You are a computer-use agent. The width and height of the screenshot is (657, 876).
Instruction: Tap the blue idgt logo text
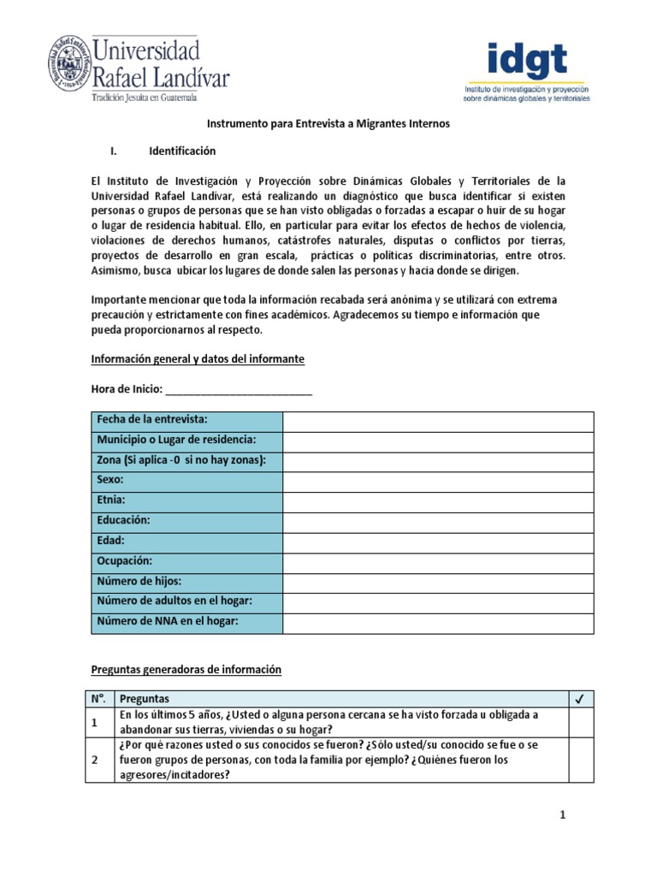pyautogui.click(x=526, y=61)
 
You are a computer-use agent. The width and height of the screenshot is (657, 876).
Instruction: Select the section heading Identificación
pyautogui.click(x=182, y=151)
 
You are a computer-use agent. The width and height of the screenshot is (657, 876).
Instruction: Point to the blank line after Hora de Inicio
pyautogui.click(x=239, y=390)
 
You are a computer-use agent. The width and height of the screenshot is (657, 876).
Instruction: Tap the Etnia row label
pyautogui.click(x=112, y=500)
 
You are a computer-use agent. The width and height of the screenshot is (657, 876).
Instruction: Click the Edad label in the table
pyautogui.click(x=111, y=542)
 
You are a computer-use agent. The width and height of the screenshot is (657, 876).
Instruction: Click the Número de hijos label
pyautogui.click(x=139, y=582)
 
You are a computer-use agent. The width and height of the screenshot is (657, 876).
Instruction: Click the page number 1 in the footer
pyautogui.click(x=564, y=816)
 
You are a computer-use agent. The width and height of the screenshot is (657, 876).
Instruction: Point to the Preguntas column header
pyautogui.click(x=145, y=698)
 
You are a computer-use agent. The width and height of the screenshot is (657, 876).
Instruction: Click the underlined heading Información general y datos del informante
pyautogui.click(x=198, y=359)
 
